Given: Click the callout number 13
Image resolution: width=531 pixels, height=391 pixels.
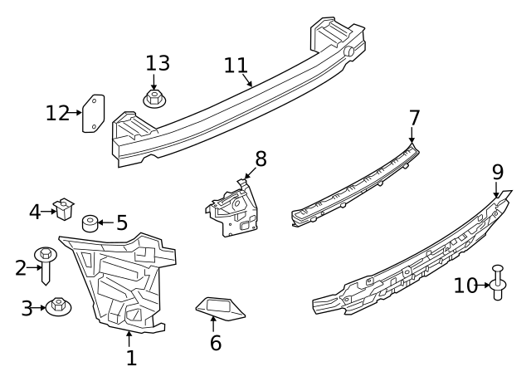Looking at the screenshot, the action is pyautogui.click(x=158, y=63).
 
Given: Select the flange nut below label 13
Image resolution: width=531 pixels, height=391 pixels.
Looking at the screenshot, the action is pyautogui.click(x=154, y=99).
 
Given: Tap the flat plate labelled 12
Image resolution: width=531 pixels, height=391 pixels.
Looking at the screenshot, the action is pyautogui.click(x=94, y=114).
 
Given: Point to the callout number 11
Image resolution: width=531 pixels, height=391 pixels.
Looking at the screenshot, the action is pyautogui.click(x=236, y=66).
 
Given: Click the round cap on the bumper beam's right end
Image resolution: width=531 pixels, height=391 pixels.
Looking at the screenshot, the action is pyautogui.click(x=349, y=51).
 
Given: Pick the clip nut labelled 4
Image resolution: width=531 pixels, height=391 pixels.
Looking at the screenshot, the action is pyautogui.click(x=63, y=208).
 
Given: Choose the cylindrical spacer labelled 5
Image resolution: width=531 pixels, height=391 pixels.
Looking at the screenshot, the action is pyautogui.click(x=90, y=223).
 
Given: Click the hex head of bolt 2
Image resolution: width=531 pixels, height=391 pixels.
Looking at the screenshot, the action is pyautogui.click(x=46, y=252).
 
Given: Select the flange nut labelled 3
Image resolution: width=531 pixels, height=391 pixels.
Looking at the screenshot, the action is pyautogui.click(x=58, y=307).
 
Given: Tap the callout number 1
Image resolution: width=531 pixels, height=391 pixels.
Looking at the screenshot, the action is pyautogui.click(x=131, y=358).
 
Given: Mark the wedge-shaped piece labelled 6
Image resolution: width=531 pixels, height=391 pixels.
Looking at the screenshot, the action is pyautogui.click(x=220, y=308).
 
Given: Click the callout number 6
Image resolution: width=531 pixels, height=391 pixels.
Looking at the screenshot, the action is pyautogui.click(x=216, y=343).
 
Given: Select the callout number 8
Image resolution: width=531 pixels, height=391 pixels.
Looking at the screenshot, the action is pyautogui.click(x=261, y=159).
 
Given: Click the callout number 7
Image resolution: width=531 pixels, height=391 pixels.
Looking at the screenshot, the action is pyautogui.click(x=414, y=118).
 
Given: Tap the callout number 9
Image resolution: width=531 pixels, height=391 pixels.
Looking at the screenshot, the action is pyautogui.click(x=498, y=173).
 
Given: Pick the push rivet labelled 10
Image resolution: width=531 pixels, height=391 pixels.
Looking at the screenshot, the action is pyautogui.click(x=498, y=282).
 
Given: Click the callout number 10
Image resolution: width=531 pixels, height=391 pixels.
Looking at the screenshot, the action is pyautogui.click(x=465, y=286).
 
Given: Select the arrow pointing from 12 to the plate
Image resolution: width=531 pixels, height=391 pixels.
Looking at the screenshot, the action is pyautogui.click(x=74, y=113).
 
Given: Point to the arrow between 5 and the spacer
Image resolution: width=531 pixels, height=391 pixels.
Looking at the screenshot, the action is pyautogui.click(x=105, y=222).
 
